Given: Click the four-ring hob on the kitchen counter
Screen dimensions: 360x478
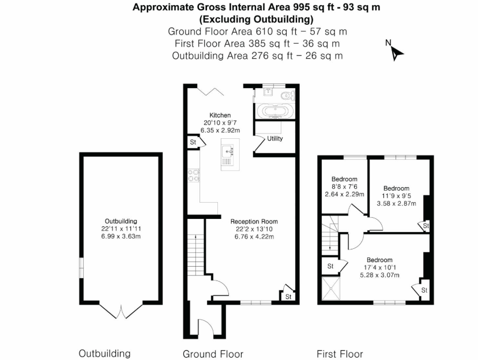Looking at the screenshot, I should pos(193,175).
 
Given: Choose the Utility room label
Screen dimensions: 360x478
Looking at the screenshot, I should pos(275,139).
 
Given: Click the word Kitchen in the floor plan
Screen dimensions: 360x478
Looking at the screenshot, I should pos(220,115).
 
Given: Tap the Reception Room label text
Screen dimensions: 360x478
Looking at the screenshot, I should pos(254,221).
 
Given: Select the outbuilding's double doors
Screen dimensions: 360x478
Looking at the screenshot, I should pos(121,311).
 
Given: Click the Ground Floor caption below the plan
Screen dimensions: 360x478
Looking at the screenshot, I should pos(213,354).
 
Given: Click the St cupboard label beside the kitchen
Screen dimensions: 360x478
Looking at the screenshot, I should pos(193,142).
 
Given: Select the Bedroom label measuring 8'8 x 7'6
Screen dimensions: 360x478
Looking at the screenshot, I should pos(345,179).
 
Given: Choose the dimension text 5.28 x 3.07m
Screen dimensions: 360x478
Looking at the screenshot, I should pos(379,275).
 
